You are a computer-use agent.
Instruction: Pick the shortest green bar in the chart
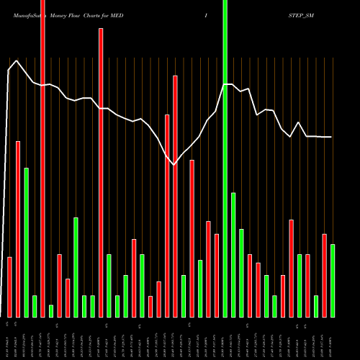51,311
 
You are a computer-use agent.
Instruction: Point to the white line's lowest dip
175,165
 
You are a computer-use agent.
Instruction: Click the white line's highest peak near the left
17,61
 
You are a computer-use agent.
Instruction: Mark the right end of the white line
332,137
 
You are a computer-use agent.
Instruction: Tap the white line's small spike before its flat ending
300,122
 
